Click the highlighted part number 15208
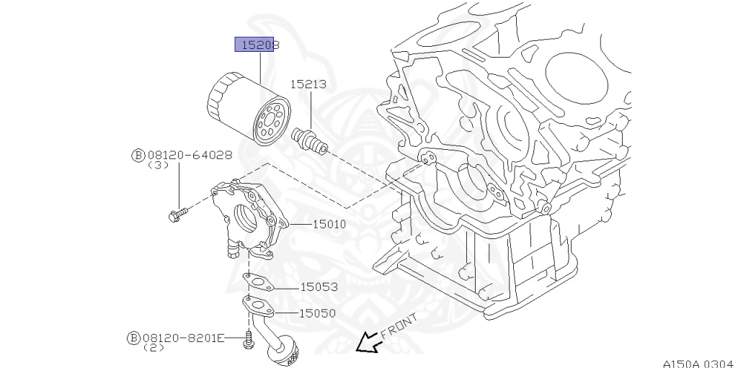pos(257,45)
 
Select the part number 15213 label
pos(308,84)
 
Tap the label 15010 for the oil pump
pos(329,224)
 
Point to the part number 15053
pos(319,287)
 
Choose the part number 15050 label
pos(319,313)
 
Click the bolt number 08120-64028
pos(190,154)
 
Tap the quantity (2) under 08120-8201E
pos(154,347)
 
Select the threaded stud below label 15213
pos(309,139)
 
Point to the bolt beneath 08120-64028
pos(177,213)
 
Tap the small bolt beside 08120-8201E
pos(249,339)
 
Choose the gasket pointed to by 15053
pos(256,282)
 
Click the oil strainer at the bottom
pos(283,352)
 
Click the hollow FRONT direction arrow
pos(368,341)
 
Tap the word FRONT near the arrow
pos(399,326)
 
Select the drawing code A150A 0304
pos(698,362)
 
